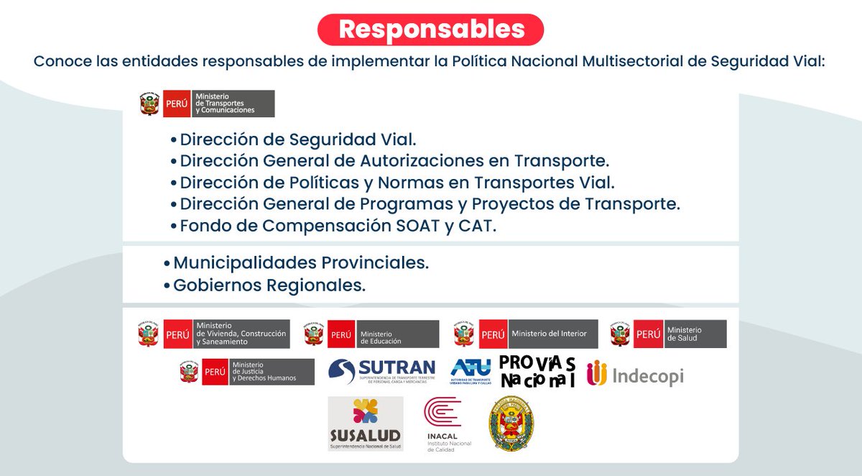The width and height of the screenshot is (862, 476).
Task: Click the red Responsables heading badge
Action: pyautogui.click(x=431, y=29)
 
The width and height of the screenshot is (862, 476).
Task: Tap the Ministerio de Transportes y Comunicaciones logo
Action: pyautogui.click(x=208, y=104)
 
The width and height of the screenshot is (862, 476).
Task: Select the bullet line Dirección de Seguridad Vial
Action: pyautogui.click(x=298, y=139)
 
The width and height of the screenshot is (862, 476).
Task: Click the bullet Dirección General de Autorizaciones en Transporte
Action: pyautogui.click(x=394, y=160)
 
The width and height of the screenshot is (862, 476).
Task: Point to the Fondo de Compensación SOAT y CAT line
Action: pyautogui.click(x=338, y=226)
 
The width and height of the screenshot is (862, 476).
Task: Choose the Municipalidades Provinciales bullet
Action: pyautogui.click(x=300, y=262)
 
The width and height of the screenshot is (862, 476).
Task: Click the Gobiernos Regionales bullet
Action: pyautogui.click(x=269, y=285)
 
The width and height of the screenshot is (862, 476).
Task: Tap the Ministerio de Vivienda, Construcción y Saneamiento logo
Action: pyautogui.click(x=215, y=334)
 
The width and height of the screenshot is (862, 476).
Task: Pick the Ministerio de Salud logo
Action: pyautogui.click(x=668, y=334)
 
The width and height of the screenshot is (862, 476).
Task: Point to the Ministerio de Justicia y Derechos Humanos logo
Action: pyautogui.click(x=247, y=372)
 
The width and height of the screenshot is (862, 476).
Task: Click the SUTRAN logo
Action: pyautogui.click(x=382, y=372)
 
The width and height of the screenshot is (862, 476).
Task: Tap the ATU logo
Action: pyautogui.click(x=471, y=372)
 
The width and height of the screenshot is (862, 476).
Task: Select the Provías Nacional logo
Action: pyautogui.click(x=537, y=371)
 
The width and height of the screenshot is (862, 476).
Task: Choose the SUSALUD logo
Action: pyautogui.click(x=365, y=424)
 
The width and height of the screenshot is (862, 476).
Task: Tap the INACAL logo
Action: pyautogui.click(x=442, y=424)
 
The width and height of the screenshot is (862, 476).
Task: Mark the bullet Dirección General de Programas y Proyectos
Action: pyautogui.click(x=430, y=203)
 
